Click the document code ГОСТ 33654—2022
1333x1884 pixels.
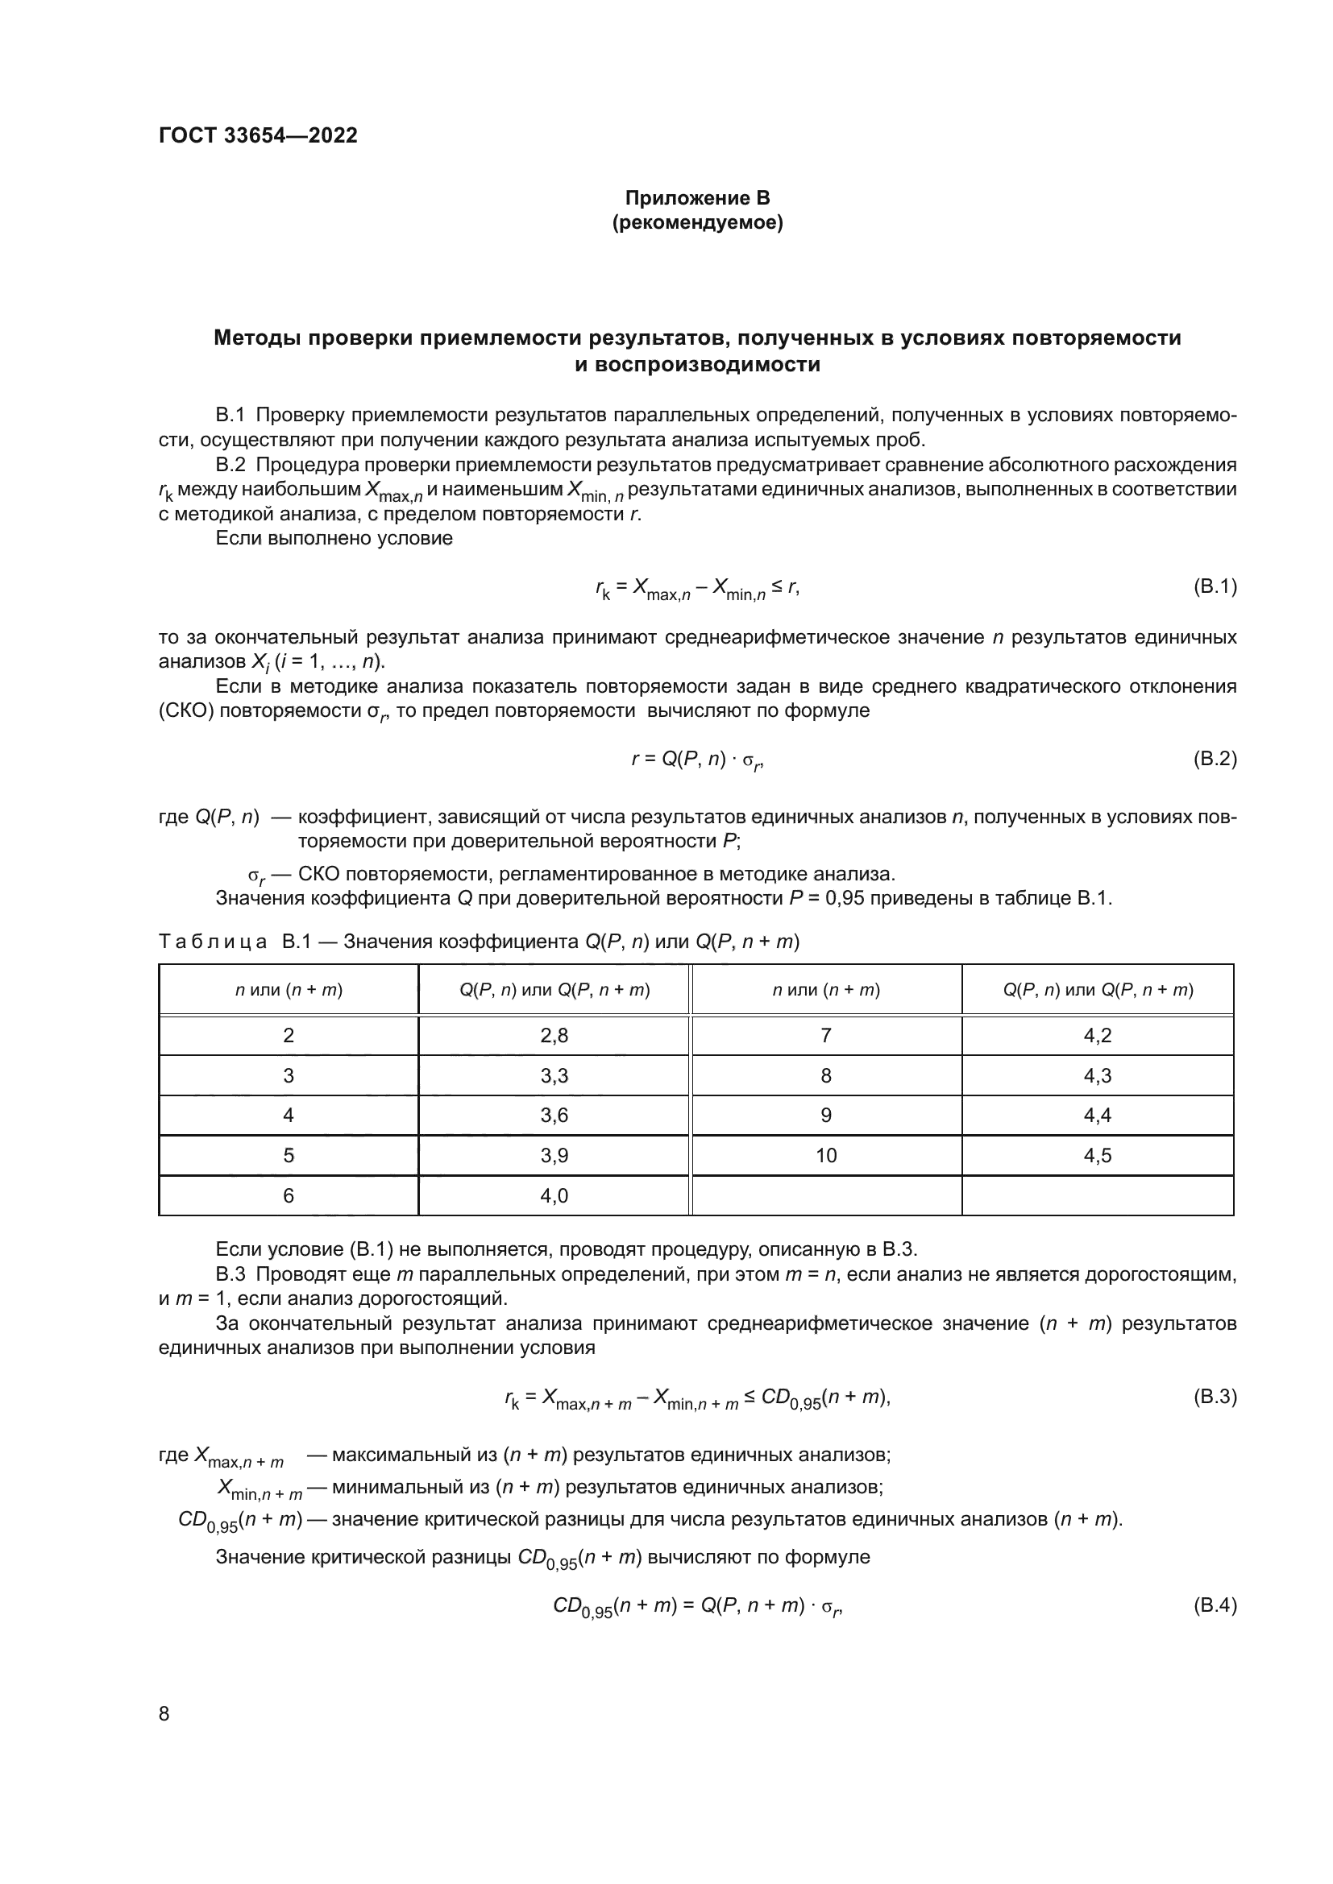(x=258, y=135)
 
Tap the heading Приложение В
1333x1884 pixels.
(x=697, y=198)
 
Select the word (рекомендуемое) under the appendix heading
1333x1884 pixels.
(x=697, y=223)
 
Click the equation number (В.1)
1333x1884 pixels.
(x=1214, y=586)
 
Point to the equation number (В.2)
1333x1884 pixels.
(x=1214, y=759)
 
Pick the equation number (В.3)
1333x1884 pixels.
(x=1214, y=1397)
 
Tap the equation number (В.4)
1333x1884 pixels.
(x=1214, y=1606)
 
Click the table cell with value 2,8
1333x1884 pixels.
(x=554, y=1036)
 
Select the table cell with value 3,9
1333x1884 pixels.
(x=554, y=1155)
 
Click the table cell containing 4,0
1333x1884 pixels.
(x=554, y=1195)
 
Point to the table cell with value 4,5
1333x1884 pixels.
(x=1098, y=1155)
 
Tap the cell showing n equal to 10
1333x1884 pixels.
(x=826, y=1155)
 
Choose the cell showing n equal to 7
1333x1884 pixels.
(x=826, y=1036)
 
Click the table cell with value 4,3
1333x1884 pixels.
(x=1098, y=1076)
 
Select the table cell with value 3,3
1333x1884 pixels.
(x=554, y=1076)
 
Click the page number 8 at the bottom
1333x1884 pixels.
(x=164, y=1714)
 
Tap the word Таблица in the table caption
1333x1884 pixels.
(x=214, y=942)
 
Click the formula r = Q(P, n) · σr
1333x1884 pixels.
(x=697, y=760)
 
